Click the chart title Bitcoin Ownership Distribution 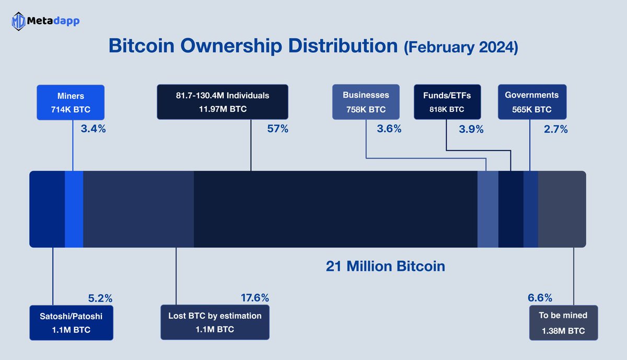(253, 45)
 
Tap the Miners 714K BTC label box (71, 102)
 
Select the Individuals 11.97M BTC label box (222, 102)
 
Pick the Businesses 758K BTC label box (366, 102)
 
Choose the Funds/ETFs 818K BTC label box (447, 102)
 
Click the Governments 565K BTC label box (531, 102)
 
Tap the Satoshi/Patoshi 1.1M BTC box (72, 322)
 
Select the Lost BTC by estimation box (215, 322)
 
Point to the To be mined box (563, 322)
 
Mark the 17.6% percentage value (254, 298)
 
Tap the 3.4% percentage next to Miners (93, 129)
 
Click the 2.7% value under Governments (556, 129)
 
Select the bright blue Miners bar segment (74, 209)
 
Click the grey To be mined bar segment (562, 209)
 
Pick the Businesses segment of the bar (488, 209)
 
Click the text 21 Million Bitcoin (385, 266)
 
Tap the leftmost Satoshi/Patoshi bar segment (47, 209)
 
